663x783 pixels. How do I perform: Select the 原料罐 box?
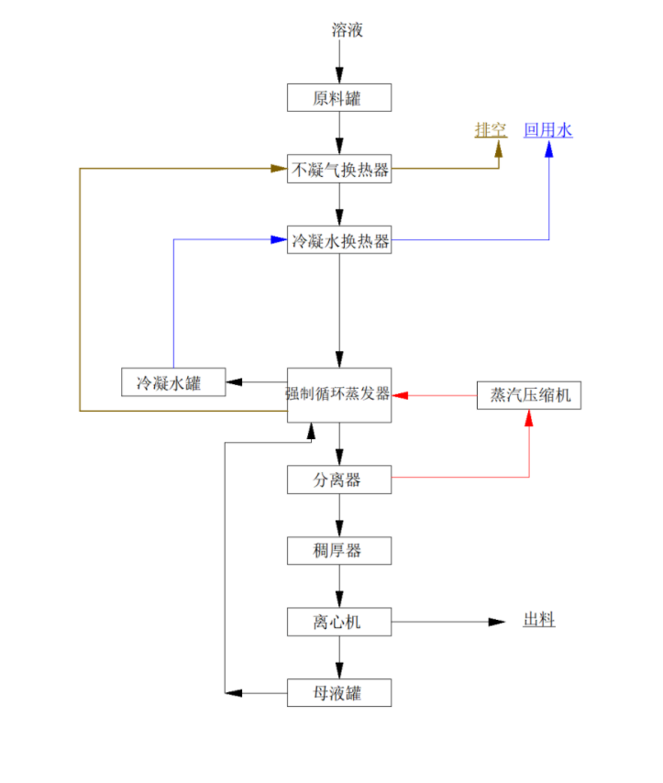[339, 98]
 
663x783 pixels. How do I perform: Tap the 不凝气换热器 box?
[339, 169]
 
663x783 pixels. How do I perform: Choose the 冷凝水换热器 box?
[339, 240]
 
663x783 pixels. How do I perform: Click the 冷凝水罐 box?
[174, 382]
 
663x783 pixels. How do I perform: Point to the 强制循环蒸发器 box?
[339, 394]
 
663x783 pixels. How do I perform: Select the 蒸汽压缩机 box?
[529, 395]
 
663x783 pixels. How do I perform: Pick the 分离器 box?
[339, 480]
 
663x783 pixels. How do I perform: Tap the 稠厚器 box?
[339, 550]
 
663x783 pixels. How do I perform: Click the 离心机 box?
[339, 622]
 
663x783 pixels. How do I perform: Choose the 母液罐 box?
[339, 692]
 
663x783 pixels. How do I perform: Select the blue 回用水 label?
[548, 130]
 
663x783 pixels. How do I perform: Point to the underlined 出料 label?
[539, 621]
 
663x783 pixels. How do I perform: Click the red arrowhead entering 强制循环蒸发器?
[401, 395]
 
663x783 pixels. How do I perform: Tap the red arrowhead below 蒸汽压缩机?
[529, 418]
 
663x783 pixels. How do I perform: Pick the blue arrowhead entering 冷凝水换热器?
[279, 240]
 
